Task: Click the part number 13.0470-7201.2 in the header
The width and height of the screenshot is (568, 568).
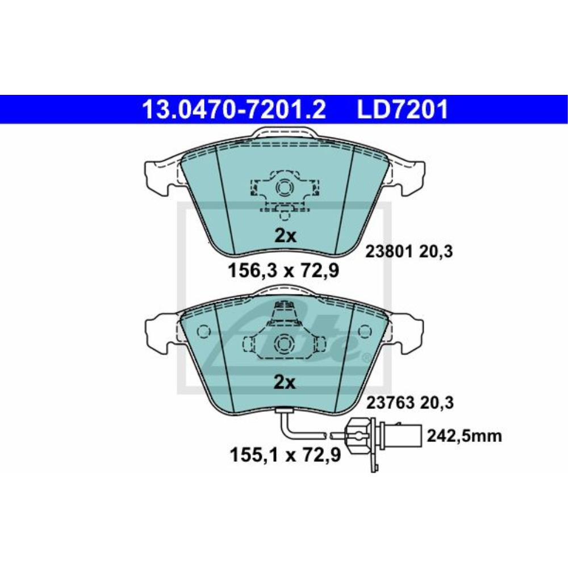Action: [x=233, y=110]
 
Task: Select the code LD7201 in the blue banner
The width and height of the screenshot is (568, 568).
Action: [x=402, y=110]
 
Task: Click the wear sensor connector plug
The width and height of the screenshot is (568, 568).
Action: [x=360, y=437]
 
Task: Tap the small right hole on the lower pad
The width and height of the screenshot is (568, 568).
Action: [x=363, y=331]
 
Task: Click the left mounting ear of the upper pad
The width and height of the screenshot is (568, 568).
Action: [x=161, y=173]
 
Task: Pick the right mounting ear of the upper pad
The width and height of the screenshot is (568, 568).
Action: [x=408, y=173]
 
